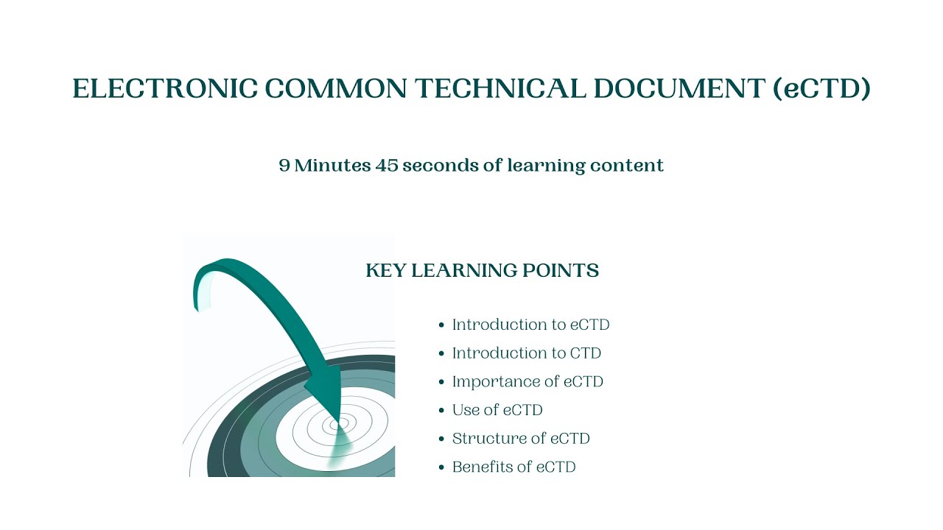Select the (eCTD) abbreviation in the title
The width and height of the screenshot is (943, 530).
click(821, 89)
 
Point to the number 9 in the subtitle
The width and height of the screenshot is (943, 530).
click(284, 166)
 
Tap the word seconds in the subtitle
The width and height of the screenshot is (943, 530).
click(440, 166)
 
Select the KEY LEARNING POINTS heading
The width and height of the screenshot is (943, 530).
click(482, 271)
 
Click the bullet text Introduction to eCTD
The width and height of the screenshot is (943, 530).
click(530, 325)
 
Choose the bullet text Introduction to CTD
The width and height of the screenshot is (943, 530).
click(526, 353)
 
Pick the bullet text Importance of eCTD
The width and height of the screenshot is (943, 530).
click(527, 381)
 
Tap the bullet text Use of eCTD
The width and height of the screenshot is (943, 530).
click(497, 410)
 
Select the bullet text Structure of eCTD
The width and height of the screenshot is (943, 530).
click(521, 439)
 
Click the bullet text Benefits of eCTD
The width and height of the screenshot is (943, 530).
click(513, 467)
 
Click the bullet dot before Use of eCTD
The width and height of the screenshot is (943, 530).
click(441, 411)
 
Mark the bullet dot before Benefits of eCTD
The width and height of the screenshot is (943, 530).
click(441, 467)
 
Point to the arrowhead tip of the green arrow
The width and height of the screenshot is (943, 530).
click(337, 420)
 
